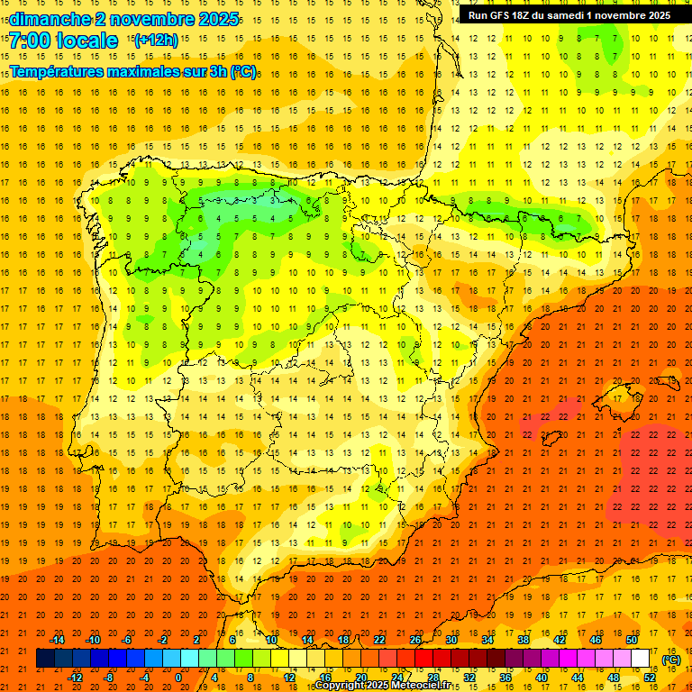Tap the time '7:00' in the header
click(31, 41)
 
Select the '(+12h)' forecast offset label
click(156, 41)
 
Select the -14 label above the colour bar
click(57, 640)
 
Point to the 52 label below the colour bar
click(650, 678)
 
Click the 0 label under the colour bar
click(179, 678)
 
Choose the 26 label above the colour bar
click(415, 640)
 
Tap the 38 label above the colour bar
click(523, 640)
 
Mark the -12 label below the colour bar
click(75, 678)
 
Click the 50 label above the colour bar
click(631, 640)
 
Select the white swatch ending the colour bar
click(641, 659)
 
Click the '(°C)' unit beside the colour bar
click(670, 660)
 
